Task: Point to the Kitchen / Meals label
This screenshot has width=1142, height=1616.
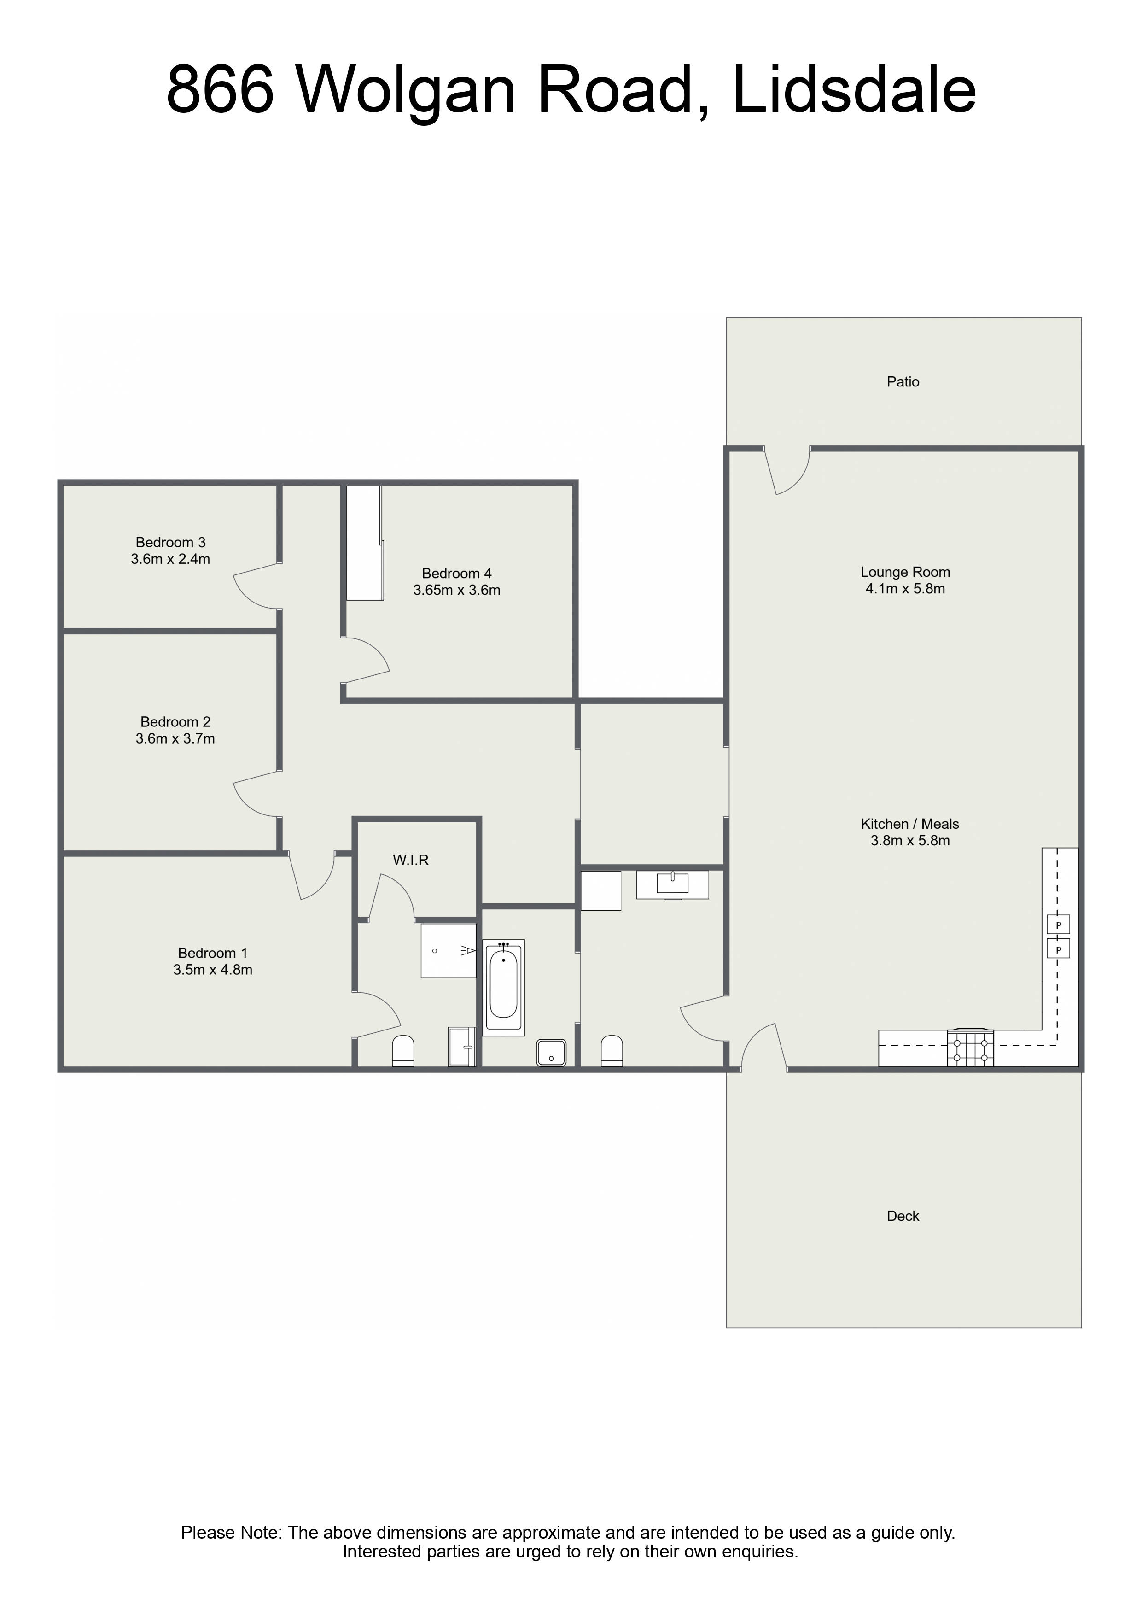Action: click(x=910, y=824)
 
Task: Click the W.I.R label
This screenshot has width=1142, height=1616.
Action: click(x=410, y=860)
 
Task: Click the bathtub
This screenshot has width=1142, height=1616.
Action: click(x=503, y=988)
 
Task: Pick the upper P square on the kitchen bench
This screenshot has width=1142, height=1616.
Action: click(x=1058, y=924)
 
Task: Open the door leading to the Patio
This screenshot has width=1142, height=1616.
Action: click(x=787, y=470)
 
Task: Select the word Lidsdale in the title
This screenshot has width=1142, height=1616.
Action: click(x=854, y=89)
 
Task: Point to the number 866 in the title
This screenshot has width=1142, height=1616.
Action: click(x=220, y=89)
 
